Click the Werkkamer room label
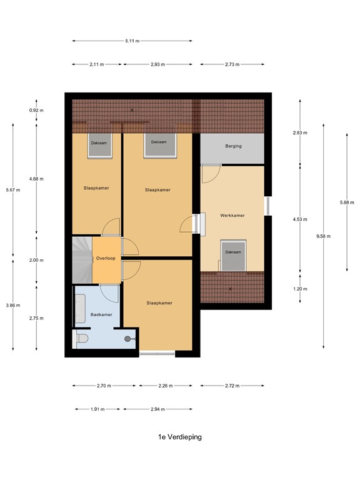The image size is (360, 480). (232, 215)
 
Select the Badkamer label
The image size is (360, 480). (101, 314)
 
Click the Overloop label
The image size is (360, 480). (106, 257)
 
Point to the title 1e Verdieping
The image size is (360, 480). (180, 437)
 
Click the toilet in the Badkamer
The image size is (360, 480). (82, 339)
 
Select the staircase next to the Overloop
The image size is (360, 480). (82, 258)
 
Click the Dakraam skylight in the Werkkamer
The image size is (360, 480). (232, 255)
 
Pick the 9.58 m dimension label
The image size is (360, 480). (324, 236)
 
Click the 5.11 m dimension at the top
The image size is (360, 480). (132, 41)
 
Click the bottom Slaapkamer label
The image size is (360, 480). (158, 303)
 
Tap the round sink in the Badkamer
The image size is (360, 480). (128, 339)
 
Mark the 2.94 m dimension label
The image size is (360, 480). (157, 409)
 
